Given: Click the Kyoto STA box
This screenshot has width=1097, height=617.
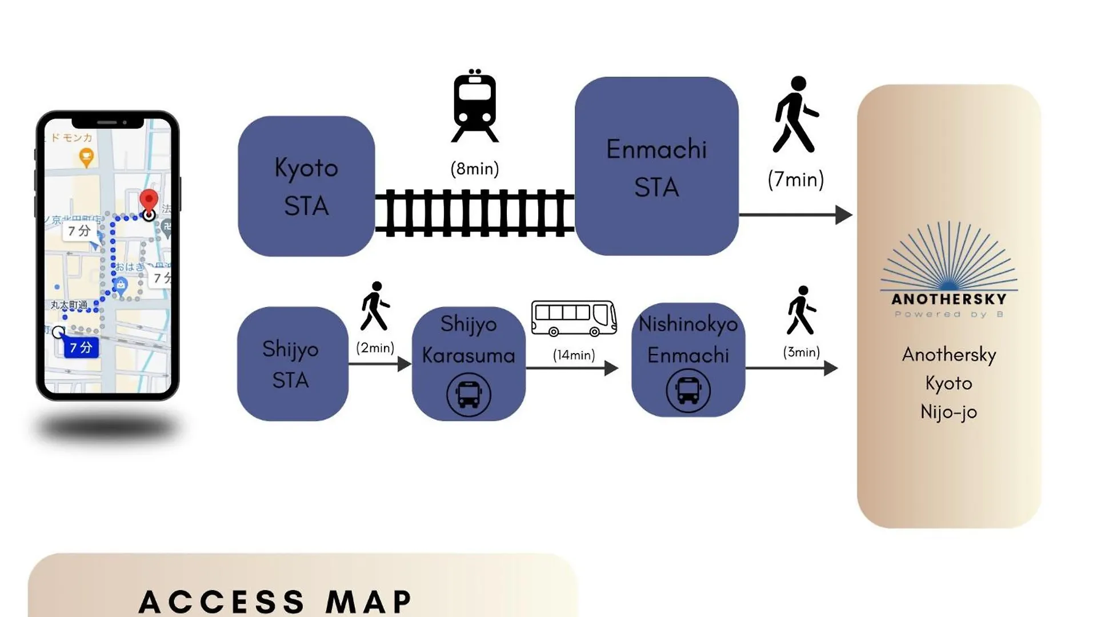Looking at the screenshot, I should [x=306, y=186].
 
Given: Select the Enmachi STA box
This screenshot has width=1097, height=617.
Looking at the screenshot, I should [x=656, y=166].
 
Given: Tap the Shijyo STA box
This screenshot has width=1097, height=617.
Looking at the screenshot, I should [x=291, y=364].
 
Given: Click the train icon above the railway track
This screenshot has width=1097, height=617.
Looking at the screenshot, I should [x=475, y=106].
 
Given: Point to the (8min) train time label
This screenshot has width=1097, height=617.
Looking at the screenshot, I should [x=475, y=169].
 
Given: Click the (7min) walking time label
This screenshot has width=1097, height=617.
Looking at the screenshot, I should [x=795, y=179].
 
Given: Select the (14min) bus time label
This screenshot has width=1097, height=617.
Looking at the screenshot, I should [x=574, y=355].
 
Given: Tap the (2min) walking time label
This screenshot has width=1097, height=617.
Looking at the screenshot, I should [x=375, y=348].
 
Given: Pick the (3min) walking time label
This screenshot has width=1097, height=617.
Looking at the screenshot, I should [x=801, y=352].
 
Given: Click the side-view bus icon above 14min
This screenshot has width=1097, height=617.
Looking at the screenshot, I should [x=574, y=318].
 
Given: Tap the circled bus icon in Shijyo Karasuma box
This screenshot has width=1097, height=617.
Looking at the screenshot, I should [x=469, y=394].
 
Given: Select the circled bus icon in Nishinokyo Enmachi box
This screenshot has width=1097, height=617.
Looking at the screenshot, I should [x=688, y=391].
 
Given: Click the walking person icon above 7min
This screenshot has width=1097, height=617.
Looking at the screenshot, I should [x=795, y=115].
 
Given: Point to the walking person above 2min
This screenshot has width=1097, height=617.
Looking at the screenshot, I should [x=375, y=306].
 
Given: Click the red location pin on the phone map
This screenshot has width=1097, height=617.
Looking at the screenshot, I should [x=149, y=202].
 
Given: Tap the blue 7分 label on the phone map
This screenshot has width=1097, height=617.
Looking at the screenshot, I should [x=81, y=347].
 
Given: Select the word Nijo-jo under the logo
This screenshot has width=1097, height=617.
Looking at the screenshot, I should [x=948, y=412].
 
